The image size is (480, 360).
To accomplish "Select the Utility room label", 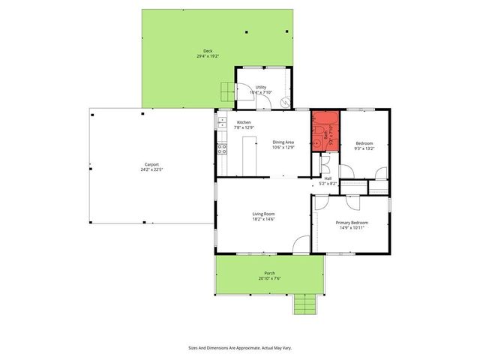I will (x=261, y=87).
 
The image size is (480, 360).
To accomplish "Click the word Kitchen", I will (x=244, y=122).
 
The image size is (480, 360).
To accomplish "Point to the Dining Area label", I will (x=283, y=142).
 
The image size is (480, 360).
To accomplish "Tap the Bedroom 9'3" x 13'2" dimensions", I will (x=364, y=148).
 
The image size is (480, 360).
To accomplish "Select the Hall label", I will (x=328, y=178).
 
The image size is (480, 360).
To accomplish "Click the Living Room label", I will (x=263, y=214).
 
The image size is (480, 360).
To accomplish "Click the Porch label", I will (x=269, y=273).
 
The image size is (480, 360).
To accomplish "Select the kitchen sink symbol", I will (x=221, y=121).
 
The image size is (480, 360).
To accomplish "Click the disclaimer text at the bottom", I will (x=239, y=348).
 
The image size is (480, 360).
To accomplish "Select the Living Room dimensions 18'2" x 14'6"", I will (x=263, y=219).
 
